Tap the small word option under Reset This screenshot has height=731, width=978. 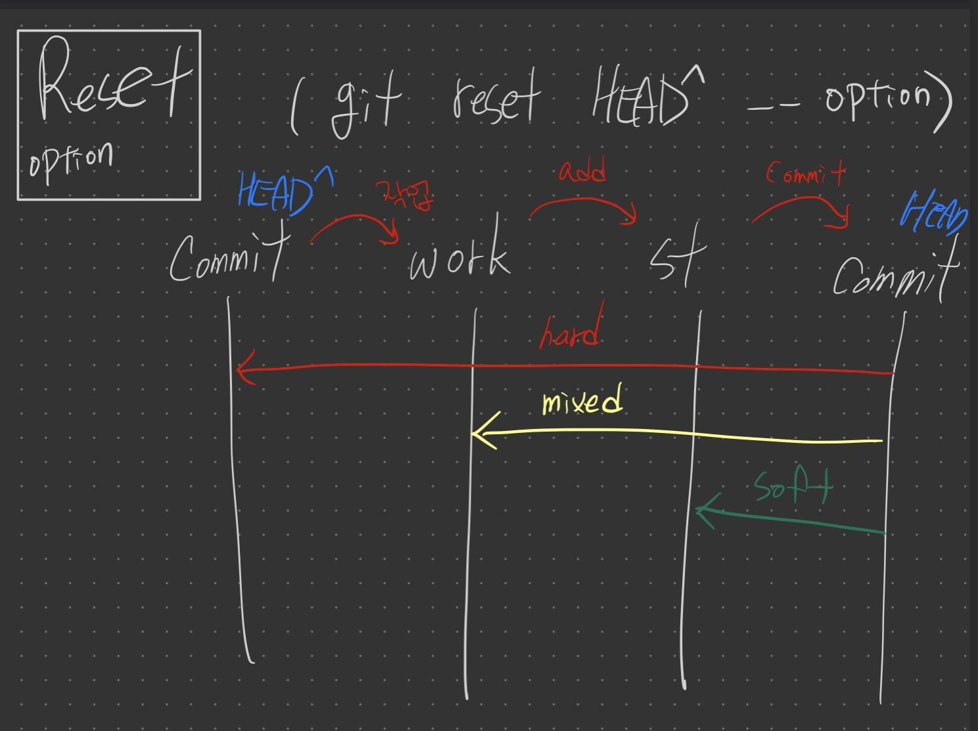(x=71, y=159)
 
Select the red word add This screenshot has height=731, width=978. (x=582, y=172)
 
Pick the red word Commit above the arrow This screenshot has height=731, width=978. (x=806, y=174)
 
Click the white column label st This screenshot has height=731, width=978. (x=677, y=260)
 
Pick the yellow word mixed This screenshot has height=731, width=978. (x=582, y=401)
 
